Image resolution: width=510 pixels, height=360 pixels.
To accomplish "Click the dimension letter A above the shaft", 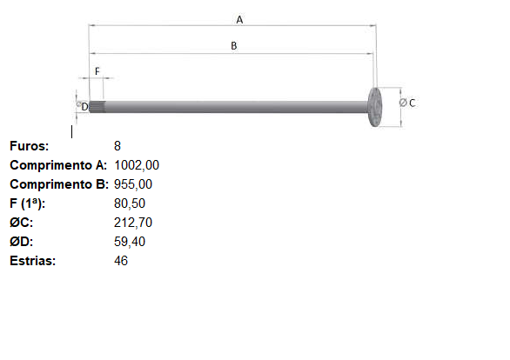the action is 239,20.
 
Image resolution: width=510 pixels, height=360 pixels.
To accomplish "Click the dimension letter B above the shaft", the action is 233,46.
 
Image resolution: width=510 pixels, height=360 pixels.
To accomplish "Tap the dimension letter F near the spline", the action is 97,71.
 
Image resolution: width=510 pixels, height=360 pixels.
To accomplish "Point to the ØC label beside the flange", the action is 407,103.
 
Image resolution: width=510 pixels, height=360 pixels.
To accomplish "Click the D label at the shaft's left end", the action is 84,107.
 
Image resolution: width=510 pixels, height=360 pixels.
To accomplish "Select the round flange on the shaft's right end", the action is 375,107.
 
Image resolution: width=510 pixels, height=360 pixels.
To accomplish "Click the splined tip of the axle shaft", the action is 97,107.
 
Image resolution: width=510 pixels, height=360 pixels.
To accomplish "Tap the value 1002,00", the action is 137,165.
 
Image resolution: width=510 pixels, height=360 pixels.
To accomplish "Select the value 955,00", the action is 133,184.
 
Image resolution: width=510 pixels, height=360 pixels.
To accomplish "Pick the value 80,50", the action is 130,203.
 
